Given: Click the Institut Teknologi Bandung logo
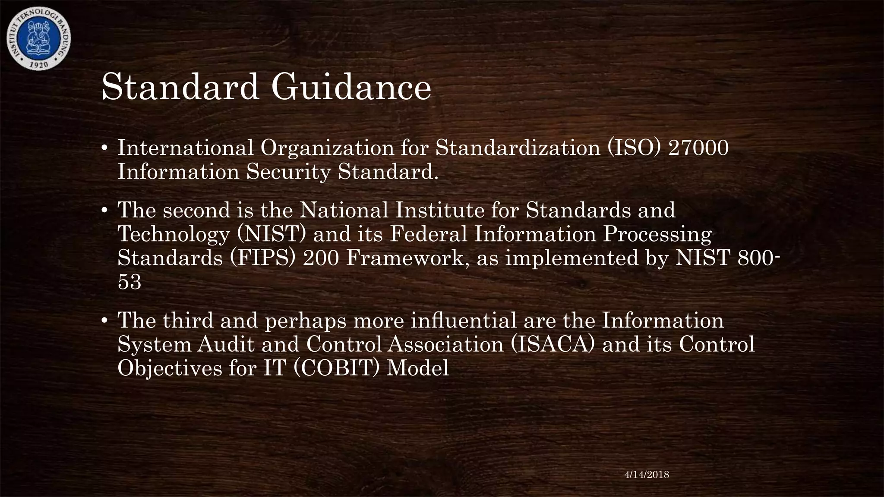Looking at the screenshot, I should [39, 39].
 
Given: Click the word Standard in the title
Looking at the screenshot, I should [180, 88].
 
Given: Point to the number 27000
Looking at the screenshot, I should [698, 148].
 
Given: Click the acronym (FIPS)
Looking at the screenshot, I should [262, 258].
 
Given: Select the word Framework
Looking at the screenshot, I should [404, 258].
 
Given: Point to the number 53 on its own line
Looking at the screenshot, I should [129, 283].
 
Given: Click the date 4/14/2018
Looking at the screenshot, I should [647, 475].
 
